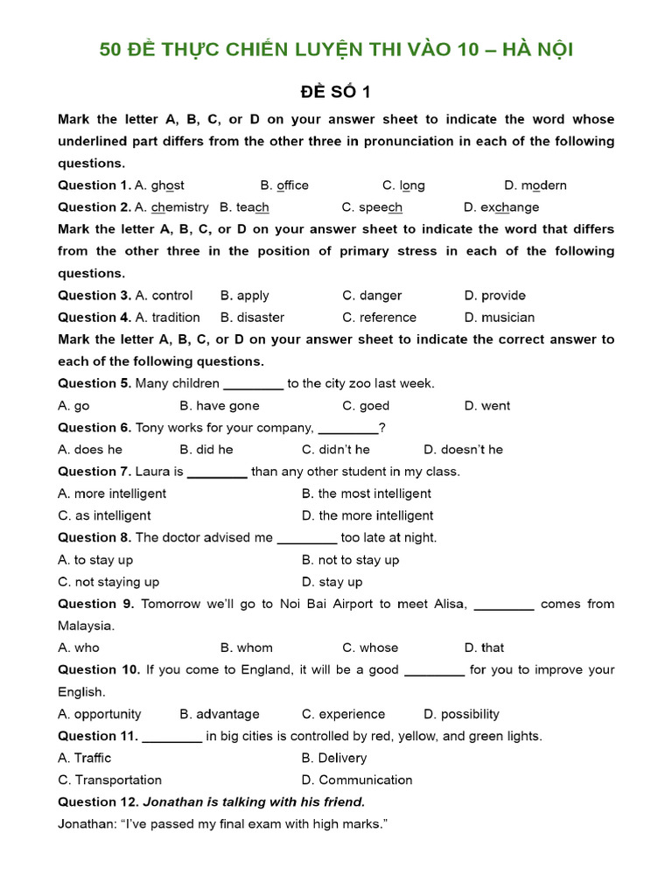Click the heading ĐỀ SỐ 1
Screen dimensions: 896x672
point(336,92)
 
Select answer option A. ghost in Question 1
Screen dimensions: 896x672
point(159,185)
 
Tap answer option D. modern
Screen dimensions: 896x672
point(535,185)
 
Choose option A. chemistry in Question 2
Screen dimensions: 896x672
point(171,207)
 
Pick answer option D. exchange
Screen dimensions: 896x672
point(501,207)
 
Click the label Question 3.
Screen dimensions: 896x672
point(94,296)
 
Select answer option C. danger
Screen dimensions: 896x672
point(372,296)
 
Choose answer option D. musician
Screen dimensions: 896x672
point(500,318)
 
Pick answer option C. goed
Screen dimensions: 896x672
point(366,406)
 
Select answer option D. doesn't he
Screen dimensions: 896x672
point(464,450)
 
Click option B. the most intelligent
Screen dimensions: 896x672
point(367,493)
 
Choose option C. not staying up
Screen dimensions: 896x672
point(108,582)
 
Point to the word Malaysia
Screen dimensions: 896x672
point(86,626)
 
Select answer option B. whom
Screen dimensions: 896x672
point(247,648)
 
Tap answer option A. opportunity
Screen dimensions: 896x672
point(100,714)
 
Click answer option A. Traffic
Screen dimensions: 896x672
point(85,758)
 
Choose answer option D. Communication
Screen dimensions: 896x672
point(357,780)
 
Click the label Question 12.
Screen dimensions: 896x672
point(98,802)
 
